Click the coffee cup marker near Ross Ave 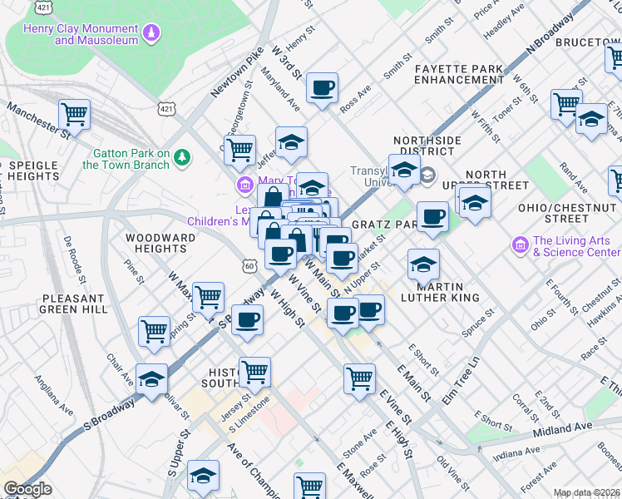tap(322, 87)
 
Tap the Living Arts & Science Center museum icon tap(521, 245)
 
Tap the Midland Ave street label tap(562, 427)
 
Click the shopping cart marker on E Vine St tap(359, 378)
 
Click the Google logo tap(27, 490)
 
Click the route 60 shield tap(249, 264)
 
